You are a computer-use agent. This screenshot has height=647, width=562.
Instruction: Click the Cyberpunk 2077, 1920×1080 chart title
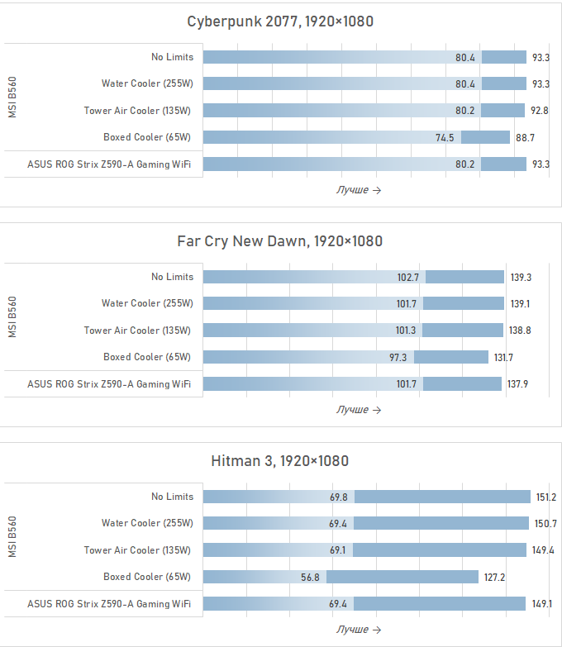tap(280, 21)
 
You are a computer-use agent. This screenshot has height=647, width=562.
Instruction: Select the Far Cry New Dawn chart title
tap(280, 241)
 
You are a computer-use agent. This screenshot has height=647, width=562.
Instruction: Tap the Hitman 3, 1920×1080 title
tap(280, 461)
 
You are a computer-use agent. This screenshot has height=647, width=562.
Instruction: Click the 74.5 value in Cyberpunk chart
tap(445, 137)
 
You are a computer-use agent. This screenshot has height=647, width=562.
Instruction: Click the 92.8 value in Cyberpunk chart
tap(541, 111)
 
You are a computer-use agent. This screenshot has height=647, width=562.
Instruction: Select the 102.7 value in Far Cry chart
tap(408, 278)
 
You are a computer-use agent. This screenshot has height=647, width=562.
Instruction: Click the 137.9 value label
tap(518, 384)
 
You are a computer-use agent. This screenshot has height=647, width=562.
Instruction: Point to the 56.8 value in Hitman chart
tap(311, 577)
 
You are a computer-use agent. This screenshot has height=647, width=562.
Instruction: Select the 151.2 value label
tap(545, 497)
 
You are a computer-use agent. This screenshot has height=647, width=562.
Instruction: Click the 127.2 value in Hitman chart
tap(494, 577)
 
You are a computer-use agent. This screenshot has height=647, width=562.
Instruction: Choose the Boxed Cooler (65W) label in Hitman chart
tap(147, 577)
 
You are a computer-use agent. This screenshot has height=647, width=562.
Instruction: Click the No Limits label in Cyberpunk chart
tap(172, 57)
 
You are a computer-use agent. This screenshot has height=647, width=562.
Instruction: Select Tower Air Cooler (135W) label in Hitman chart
tap(137, 550)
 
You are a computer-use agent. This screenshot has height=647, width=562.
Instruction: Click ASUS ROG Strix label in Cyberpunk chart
tap(109, 164)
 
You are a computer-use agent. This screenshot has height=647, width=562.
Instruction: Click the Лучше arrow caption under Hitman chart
tap(358, 630)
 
